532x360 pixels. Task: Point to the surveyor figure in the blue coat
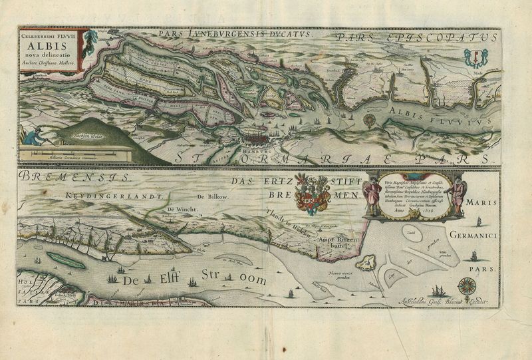pyautogui.click(x=32, y=136)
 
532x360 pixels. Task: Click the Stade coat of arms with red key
pyautogui.click(x=475, y=56)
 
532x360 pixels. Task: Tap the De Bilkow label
pyautogui.click(x=212, y=198)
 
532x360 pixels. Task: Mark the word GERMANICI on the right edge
pyautogui.click(x=472, y=235)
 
